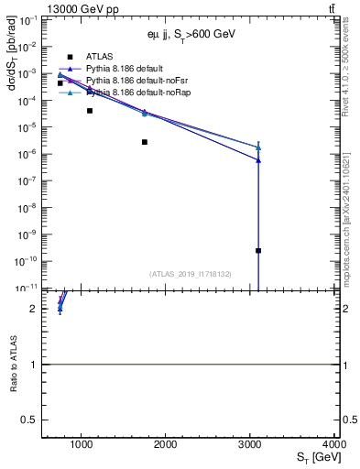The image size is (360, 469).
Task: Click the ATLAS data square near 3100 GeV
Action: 258,250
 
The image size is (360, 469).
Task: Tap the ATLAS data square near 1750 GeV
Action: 145,142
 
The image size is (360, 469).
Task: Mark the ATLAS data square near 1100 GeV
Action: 90,111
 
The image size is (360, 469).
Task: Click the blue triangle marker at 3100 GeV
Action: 258,160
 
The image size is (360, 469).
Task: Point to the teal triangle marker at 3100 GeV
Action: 258,147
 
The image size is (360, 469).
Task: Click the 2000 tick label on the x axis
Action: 166,445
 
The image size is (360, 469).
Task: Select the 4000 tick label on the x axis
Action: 332,445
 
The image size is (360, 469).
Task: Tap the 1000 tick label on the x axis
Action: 82,445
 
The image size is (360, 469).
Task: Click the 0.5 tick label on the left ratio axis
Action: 33,420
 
